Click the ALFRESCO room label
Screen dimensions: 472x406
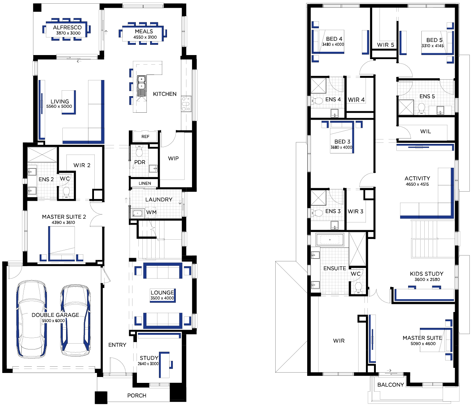(67, 28)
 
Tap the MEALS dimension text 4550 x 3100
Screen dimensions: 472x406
(145, 37)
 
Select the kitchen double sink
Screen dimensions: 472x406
(141, 86)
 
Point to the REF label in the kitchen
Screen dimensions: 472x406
(145, 137)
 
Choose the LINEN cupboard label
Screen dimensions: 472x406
(145, 183)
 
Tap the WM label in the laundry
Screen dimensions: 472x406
(151, 212)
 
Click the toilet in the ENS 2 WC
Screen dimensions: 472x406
(66, 192)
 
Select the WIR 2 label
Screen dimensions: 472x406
(82, 165)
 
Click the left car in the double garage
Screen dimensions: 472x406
(32, 319)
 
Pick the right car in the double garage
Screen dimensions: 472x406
(76, 319)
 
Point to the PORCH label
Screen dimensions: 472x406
(137, 395)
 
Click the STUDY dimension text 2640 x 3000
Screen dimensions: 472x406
(148, 363)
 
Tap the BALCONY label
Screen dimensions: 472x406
(391, 385)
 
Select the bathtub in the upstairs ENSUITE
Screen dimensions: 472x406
(330, 240)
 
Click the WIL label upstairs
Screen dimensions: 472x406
(425, 131)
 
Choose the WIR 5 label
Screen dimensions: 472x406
(385, 45)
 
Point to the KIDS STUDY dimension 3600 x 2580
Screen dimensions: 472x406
(427, 279)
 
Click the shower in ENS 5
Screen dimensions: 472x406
(406, 107)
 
